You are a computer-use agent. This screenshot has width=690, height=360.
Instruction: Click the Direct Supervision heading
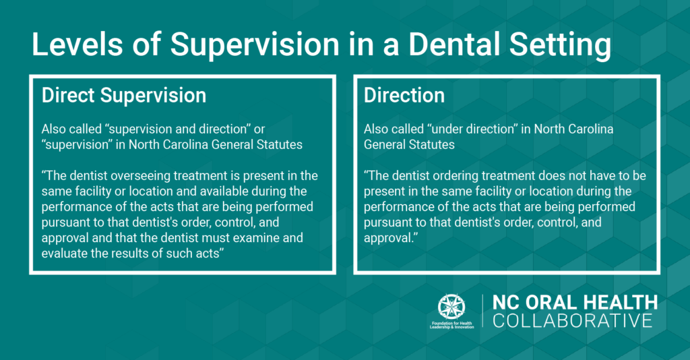tap(124, 96)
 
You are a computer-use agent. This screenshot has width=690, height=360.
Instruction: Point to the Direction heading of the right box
tap(404, 96)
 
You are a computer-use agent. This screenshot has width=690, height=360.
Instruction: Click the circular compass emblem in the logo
tap(452, 307)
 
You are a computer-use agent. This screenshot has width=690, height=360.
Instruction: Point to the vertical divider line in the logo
tap(482, 312)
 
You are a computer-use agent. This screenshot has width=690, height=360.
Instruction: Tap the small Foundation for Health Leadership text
tap(452, 326)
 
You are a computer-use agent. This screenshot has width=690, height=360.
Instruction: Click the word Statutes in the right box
tap(432, 144)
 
